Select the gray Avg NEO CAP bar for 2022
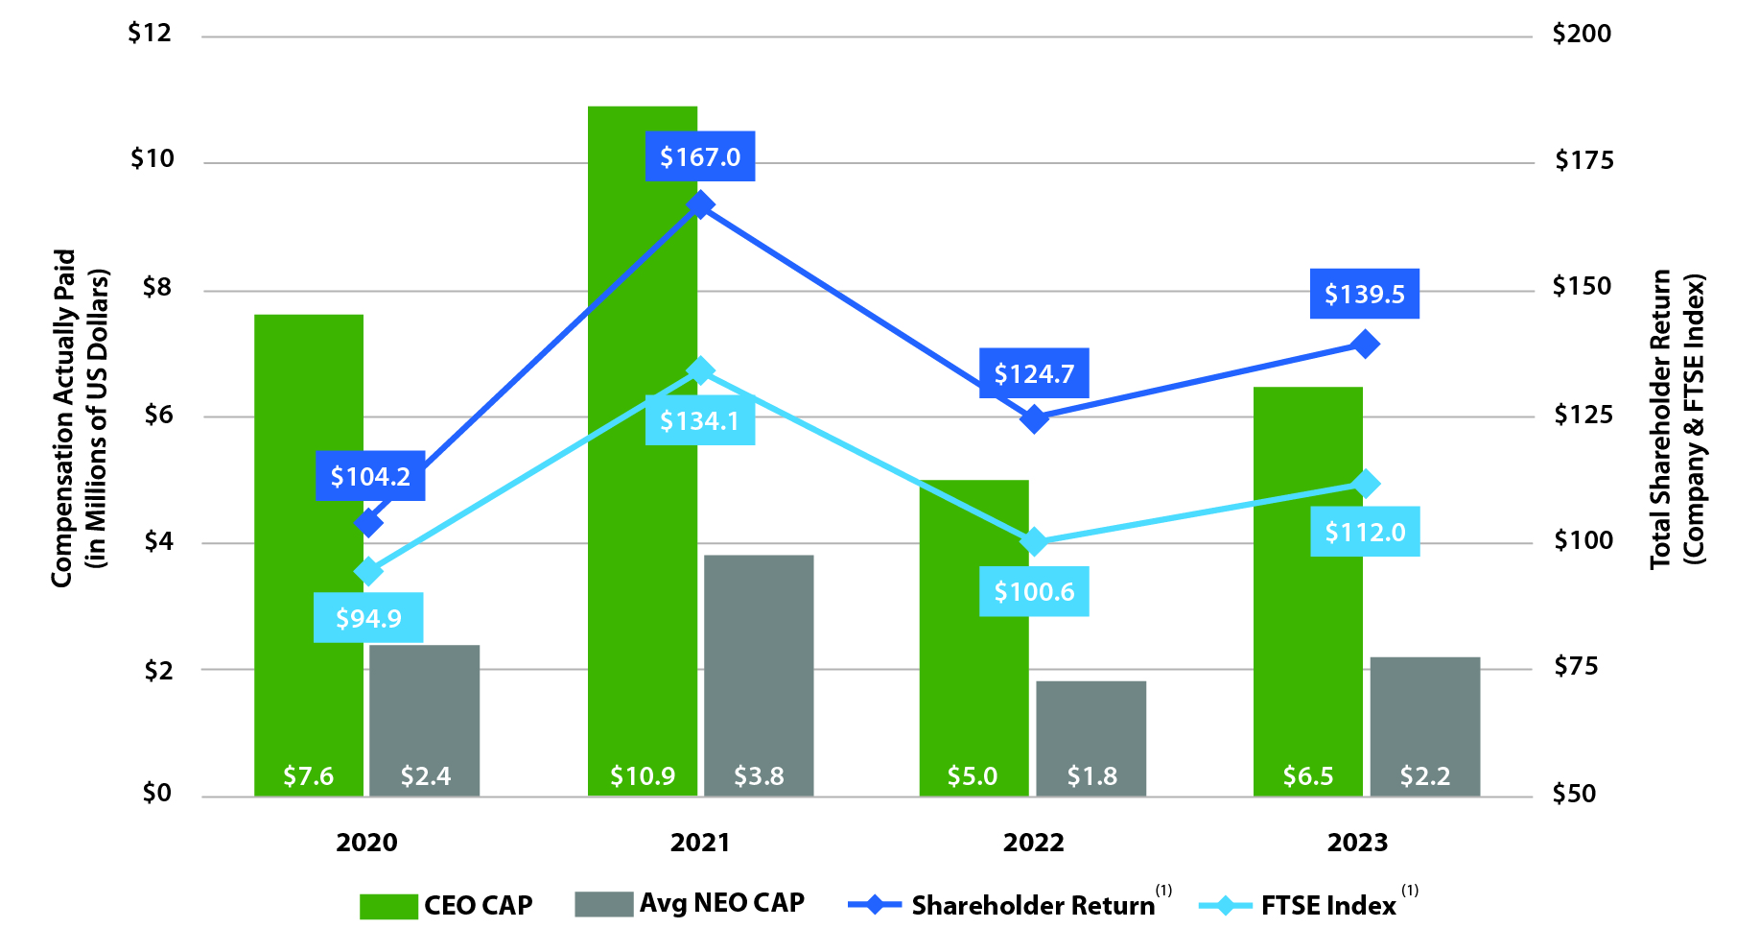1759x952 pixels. [x=1091, y=729]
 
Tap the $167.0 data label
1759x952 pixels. [x=700, y=156]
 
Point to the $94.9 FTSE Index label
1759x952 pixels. [x=368, y=618]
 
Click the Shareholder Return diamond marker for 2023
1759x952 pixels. [x=1365, y=344]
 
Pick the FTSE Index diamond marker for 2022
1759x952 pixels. [x=1034, y=542]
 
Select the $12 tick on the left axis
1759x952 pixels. [x=150, y=34]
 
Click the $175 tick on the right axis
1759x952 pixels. [x=1583, y=160]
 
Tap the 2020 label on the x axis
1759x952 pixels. [x=366, y=843]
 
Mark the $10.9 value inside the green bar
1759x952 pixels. [x=643, y=775]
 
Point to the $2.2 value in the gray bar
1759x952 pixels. [x=1424, y=775]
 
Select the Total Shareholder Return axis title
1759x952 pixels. [x=1677, y=417]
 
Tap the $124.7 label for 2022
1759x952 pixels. [x=1034, y=373]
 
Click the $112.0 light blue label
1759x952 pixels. [x=1365, y=532]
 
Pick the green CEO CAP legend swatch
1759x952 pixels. [x=388, y=906]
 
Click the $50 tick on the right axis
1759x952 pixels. [x=1575, y=794]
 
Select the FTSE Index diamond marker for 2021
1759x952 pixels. [x=700, y=370]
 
